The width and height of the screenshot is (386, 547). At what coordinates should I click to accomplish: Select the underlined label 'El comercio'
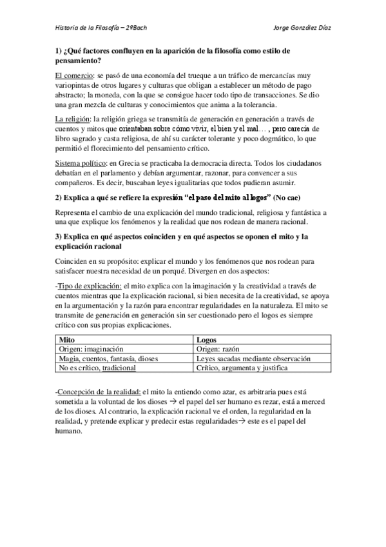pyautogui.click(x=73, y=75)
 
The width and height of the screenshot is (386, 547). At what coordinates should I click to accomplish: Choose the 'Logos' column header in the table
pyautogui.click(x=207, y=339)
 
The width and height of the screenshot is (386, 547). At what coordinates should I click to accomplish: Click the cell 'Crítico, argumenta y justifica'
pyautogui.click(x=242, y=368)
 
